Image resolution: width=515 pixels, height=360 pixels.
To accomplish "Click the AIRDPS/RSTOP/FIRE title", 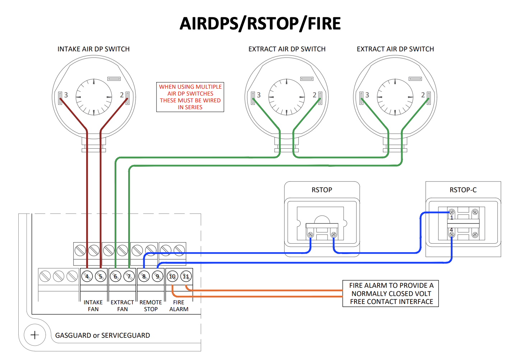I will tap(260, 24).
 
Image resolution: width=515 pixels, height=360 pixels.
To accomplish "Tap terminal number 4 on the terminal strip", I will tap(87, 276).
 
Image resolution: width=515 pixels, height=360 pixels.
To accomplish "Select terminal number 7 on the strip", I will tap(129, 276).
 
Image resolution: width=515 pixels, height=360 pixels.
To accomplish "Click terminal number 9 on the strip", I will tap(157, 276).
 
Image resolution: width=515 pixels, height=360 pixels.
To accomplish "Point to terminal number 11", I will tap(186, 276).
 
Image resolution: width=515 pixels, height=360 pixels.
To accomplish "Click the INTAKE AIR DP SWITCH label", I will tap(93, 49).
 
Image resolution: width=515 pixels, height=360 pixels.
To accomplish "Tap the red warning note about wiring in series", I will tap(190, 97).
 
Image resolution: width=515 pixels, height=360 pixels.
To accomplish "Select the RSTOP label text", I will tap(322, 190).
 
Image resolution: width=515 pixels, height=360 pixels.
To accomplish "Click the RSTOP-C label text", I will tap(463, 190).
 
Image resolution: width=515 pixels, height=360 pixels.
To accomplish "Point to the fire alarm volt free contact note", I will tap(391, 294).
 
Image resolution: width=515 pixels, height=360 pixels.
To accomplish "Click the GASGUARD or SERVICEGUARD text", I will tap(102, 336).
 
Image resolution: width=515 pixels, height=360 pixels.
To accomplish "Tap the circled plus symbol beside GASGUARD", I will tap(35, 335).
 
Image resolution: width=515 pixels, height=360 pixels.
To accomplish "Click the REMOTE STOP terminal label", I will tap(151, 306).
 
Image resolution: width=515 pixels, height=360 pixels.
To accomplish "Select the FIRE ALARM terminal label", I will tap(179, 306).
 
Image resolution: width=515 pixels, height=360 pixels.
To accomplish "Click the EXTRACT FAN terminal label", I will tap(122, 306).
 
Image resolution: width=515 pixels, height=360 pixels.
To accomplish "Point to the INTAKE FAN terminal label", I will tap(93, 306).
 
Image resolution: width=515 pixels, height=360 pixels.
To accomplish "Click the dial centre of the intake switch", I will tap(94, 97).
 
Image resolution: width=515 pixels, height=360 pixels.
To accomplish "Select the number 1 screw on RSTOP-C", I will tap(452, 213).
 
